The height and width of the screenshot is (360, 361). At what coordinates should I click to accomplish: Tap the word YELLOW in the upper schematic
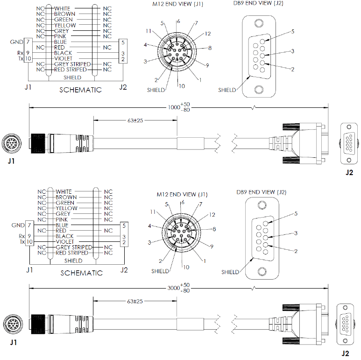tap(65, 25)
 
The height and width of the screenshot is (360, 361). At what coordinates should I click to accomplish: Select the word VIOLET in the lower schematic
tap(64, 242)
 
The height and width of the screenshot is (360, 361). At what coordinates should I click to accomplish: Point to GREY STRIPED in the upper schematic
tap(72, 64)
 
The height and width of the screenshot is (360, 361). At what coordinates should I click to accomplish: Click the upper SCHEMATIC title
tap(80, 90)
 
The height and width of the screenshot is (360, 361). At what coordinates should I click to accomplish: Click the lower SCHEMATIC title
tap(81, 273)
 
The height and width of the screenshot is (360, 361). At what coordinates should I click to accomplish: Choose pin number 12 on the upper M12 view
tap(207, 33)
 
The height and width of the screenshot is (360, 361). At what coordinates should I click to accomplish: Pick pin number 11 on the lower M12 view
tap(153, 212)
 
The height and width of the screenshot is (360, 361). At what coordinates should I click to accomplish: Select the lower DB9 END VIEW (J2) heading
tap(261, 192)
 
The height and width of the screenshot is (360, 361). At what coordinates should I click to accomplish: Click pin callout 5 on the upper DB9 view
tap(292, 31)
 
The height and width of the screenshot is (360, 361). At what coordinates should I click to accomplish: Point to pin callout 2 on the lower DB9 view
tap(295, 251)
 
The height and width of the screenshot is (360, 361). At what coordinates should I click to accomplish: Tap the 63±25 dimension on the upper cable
tap(135, 120)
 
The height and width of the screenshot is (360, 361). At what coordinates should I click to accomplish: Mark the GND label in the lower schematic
tap(17, 225)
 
